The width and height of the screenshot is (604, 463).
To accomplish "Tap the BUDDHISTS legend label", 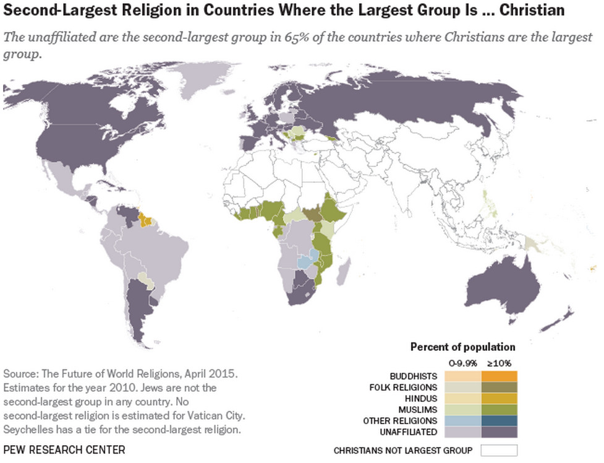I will click(x=414, y=376).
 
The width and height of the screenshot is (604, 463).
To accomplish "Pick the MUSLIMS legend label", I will click(x=419, y=409).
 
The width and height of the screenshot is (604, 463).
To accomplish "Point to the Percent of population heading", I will click(x=462, y=347).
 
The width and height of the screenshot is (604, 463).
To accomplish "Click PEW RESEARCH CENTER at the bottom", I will click(x=64, y=450).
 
